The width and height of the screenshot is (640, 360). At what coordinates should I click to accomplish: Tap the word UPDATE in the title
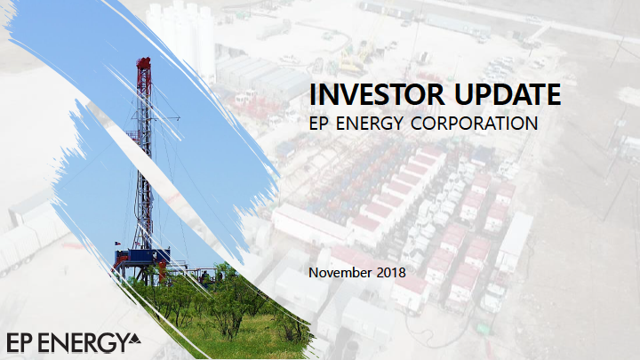coord(508,94)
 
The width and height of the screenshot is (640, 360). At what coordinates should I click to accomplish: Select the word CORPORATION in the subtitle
coord(475,124)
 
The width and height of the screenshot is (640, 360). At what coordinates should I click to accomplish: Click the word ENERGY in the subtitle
coord(370,124)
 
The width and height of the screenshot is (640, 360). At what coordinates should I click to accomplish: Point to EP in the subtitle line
coord(319,124)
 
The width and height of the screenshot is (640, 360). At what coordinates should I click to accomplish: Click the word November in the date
coord(340,272)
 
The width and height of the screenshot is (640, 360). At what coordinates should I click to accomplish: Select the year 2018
coord(391,272)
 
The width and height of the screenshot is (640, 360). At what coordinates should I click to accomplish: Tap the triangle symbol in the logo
coord(134,340)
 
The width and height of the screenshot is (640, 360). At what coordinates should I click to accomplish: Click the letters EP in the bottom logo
coord(20,343)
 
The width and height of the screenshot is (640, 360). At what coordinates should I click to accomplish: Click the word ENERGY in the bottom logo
coord(82,343)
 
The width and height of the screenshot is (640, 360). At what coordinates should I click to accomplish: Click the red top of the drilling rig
coord(144,64)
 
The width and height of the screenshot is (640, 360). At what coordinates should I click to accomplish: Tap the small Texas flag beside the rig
coord(118,244)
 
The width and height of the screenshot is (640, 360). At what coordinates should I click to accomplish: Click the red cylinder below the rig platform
coord(163,272)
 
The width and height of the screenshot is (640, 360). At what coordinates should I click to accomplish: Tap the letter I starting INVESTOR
coord(312,94)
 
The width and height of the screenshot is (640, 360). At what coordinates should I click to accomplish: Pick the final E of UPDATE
coord(553,94)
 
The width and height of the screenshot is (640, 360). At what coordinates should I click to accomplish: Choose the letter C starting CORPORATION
coord(417,124)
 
